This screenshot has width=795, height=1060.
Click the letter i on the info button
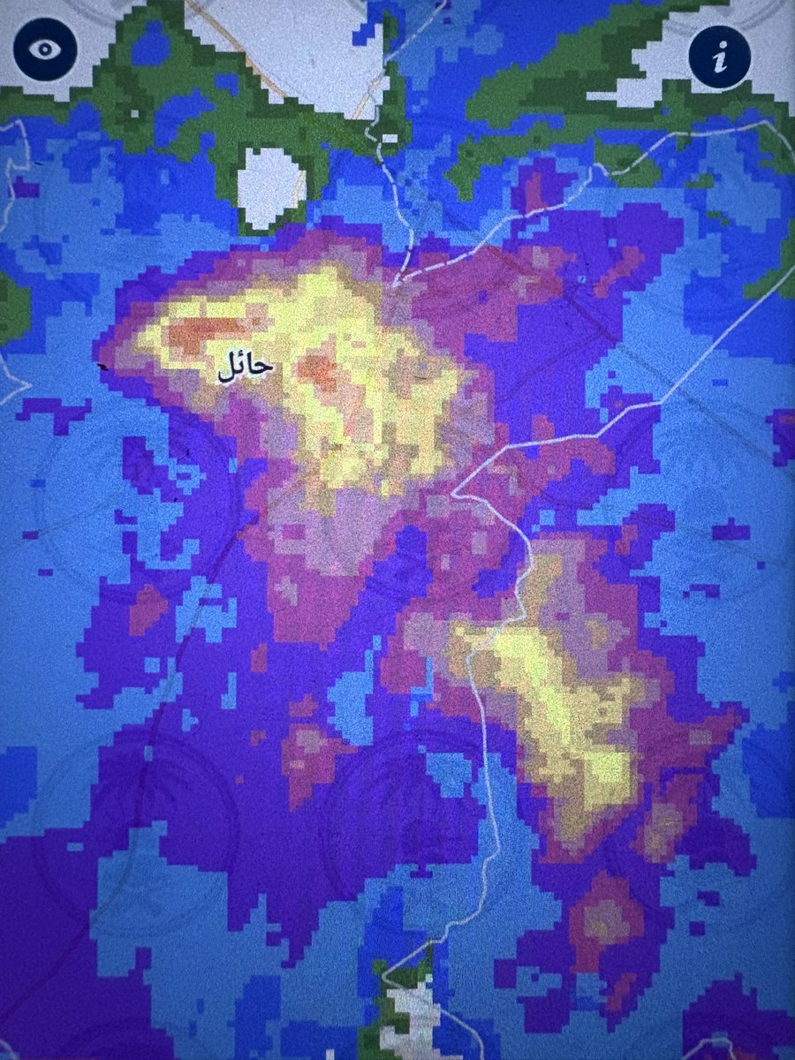coord(720,59)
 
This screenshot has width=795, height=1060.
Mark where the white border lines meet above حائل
coord(395,284)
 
